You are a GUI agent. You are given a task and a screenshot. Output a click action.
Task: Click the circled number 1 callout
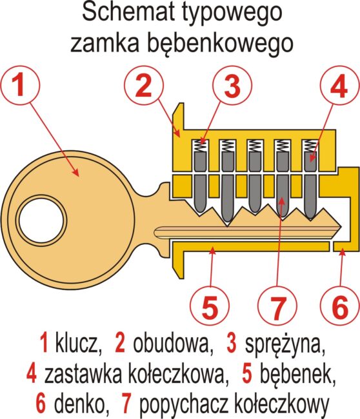tap(20, 85)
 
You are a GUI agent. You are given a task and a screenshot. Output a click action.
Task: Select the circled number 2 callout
tap(144, 85)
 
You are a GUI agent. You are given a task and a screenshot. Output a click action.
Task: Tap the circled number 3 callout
tap(232, 85)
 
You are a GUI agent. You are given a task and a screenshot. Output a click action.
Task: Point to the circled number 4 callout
tap(339, 85)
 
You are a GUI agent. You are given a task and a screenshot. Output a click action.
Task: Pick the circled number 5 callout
tap(210, 306)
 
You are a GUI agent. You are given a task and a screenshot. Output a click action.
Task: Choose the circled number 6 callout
tap(339, 306)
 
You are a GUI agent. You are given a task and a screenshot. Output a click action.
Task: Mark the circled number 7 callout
tap(277, 306)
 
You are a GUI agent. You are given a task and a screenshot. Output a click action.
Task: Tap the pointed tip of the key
tap(341, 228)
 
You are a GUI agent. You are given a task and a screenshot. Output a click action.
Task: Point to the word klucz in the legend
tap(78, 343)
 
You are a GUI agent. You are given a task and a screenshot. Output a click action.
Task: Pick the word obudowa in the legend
tap(172, 343)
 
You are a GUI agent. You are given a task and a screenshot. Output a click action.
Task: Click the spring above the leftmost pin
tap(201, 146)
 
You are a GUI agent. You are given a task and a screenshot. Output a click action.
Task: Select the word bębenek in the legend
tap(297, 374)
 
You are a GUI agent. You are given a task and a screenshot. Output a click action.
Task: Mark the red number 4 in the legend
tap(32, 374)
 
